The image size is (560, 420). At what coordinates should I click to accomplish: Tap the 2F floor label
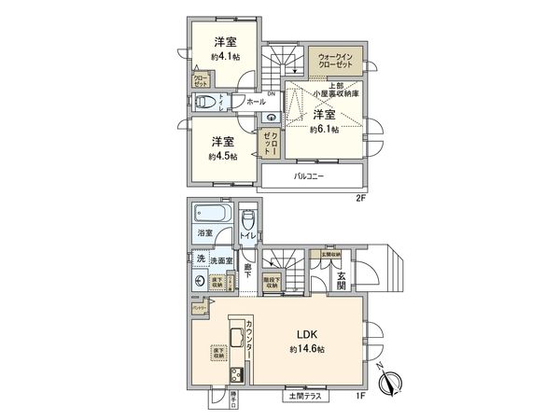pyautogui.click(x=359, y=199)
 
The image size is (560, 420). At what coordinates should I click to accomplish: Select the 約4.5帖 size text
pyautogui.click(x=221, y=155)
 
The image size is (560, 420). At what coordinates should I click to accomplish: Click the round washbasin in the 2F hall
pyautogui.click(x=271, y=118)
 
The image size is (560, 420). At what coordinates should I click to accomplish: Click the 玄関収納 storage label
pyautogui.click(x=331, y=254)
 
